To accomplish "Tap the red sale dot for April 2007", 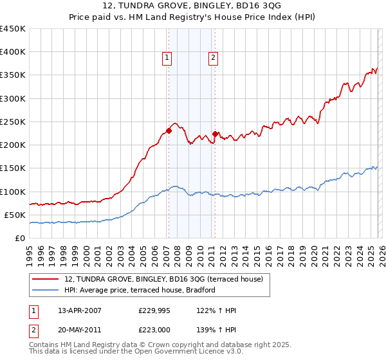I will click(x=168, y=130).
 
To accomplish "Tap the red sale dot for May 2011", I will click(x=215, y=134).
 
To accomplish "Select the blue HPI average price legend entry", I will click(x=143, y=291).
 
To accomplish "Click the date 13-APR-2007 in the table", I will click(x=79, y=310).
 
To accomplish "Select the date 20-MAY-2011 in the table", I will click(x=80, y=330).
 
